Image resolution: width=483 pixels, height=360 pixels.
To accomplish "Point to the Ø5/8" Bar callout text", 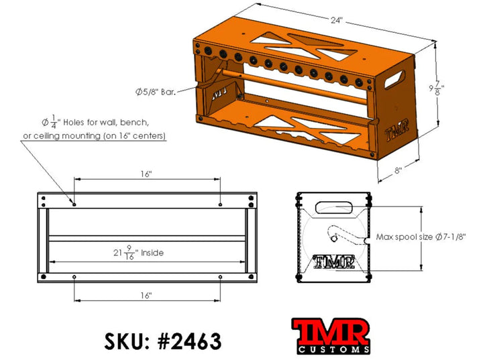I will [x=155, y=92].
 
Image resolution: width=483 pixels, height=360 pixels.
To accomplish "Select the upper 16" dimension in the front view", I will [x=147, y=174].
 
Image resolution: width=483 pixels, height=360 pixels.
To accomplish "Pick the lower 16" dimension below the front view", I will [x=147, y=294].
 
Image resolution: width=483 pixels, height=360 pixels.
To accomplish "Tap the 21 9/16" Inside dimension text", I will [x=139, y=253].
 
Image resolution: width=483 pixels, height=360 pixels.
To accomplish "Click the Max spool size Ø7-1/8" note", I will [x=421, y=237].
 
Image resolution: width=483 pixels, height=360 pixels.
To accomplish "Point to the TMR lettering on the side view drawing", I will [x=334, y=261].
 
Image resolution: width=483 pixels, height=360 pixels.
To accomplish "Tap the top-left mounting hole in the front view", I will [x=74, y=203].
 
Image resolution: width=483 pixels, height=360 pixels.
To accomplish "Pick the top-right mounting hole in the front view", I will [x=221, y=203].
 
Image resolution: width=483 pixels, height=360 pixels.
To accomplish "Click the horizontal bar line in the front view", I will [x=148, y=238].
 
